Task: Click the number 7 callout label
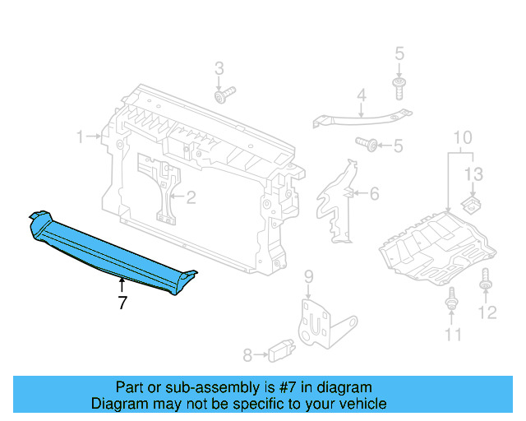(122, 303)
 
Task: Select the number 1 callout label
(81, 136)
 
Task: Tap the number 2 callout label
(191, 197)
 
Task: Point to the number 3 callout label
(219, 68)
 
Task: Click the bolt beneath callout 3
(223, 97)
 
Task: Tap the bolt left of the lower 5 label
(369, 146)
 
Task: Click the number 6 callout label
(374, 194)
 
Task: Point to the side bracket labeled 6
(335, 201)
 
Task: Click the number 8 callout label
(247, 355)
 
